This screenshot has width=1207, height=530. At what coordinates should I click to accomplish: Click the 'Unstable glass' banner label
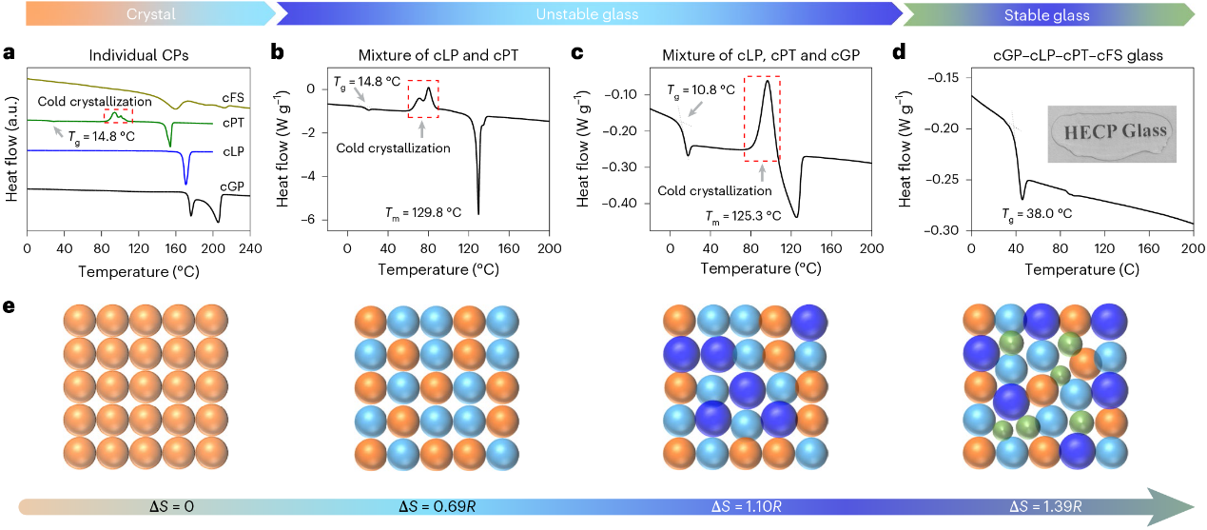pos(587,15)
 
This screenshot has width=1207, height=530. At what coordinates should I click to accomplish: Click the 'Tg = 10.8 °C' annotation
pos(699,88)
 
